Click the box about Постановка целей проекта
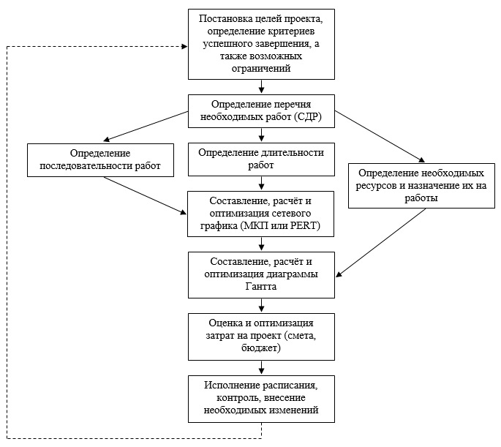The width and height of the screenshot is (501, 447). click(x=261, y=44)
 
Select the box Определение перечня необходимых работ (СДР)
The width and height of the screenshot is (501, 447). click(x=261, y=111)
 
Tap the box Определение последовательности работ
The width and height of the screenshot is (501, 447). click(x=100, y=159)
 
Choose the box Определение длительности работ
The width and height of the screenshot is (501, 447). click(x=261, y=159)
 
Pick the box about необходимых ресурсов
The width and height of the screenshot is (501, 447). click(x=421, y=186)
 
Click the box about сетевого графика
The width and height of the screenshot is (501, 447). click(x=260, y=214)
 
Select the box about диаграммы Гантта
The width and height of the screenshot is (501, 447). click(x=261, y=275)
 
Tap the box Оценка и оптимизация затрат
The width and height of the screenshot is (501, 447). click(x=261, y=337)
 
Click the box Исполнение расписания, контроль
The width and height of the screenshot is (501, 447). click(x=261, y=399)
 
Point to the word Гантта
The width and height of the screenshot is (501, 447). click(x=260, y=286)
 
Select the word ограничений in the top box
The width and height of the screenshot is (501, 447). click(x=261, y=68)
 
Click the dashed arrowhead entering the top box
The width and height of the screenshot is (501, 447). click(x=184, y=47)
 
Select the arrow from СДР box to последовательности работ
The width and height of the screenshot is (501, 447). click(x=146, y=126)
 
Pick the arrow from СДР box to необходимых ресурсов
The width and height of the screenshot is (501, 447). click(x=380, y=136)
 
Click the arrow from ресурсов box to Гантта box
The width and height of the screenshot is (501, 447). click(x=380, y=242)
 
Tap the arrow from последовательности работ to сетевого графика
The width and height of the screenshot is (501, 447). click(x=146, y=195)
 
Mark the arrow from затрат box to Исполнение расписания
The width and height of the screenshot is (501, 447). click(x=261, y=367)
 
